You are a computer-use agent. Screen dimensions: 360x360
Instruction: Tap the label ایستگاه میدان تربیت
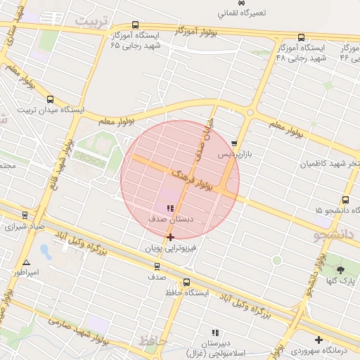pos(50,110)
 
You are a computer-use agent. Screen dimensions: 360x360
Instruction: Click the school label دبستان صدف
pos(170,219)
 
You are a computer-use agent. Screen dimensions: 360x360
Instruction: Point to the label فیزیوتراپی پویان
pos(171,248)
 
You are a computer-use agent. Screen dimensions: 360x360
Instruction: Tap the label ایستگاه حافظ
pos(186,292)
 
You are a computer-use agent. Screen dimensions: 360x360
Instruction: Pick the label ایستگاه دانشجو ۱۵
pos(337,210)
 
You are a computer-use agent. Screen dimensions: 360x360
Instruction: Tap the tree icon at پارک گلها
pos(340,269)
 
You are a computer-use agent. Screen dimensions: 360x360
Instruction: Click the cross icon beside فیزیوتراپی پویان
pos(171,238)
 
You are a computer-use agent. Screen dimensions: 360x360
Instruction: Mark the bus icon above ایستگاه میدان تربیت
pos(49,99)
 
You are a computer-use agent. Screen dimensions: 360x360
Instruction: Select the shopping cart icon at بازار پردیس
pos(234,143)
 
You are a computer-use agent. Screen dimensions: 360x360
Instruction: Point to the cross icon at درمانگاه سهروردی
pos(319,340)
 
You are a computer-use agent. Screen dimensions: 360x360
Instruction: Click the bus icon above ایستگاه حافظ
pos(186,282)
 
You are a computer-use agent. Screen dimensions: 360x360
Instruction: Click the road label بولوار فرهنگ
pos(191,179)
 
